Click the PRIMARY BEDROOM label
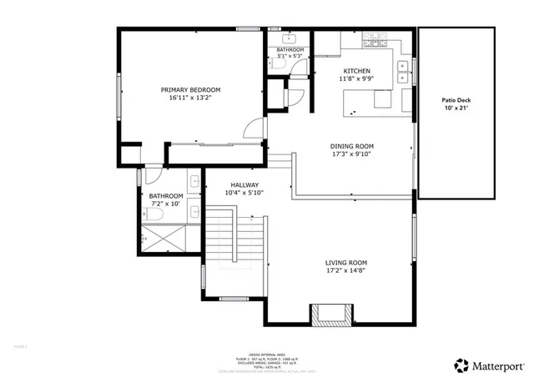190,89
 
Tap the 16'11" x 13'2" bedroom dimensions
190,98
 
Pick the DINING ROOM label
350,146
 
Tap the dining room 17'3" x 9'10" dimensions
350,154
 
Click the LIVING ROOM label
345,262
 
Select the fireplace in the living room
328,314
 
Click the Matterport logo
489,365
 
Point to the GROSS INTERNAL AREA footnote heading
265,355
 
